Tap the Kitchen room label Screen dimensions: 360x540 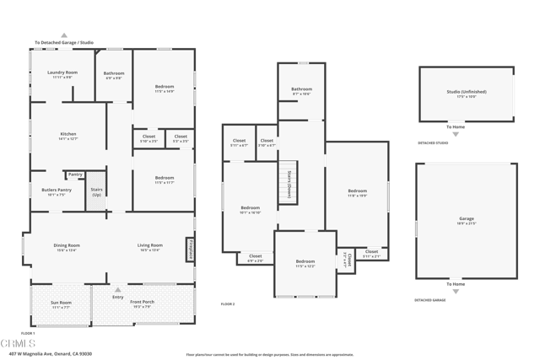pos(67,136)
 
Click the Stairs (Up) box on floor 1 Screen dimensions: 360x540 pos(96,191)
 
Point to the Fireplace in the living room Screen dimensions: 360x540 pos(191,248)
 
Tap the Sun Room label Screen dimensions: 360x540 pos(61,304)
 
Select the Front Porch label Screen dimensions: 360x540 pos(143,304)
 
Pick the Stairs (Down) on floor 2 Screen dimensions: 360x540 pos(289,181)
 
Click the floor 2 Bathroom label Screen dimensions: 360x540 pos(301,90)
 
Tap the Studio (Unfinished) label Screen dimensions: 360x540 pos(466,94)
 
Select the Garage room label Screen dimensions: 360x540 pos(466,220)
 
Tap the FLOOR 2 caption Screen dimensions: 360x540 pos(228,304)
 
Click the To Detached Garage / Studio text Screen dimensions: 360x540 pos(64,42)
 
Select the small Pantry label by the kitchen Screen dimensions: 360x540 pos(75,175)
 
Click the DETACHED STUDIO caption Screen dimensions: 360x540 pos(433,142)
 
